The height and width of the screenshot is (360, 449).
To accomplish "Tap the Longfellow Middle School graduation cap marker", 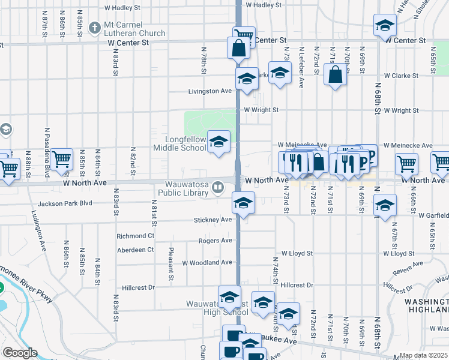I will pyautogui.click(x=219, y=142).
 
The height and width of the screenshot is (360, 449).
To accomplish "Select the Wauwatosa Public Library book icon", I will pyautogui.click(x=218, y=188).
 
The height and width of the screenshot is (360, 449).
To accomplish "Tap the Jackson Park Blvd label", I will pyautogui.click(x=59, y=203).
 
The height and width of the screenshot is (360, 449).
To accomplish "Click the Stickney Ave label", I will pyautogui.click(x=212, y=220).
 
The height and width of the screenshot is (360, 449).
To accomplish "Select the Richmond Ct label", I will pyautogui.click(x=136, y=236).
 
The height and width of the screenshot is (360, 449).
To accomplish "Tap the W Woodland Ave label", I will pyautogui.click(x=207, y=263).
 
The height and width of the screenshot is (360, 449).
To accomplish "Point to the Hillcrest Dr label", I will pyautogui.click(x=137, y=288).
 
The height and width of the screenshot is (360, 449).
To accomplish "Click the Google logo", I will pyautogui.click(x=20, y=353).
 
